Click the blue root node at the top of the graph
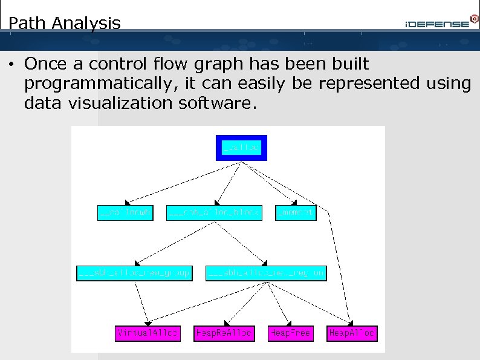[x=241, y=147]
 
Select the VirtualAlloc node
[x=148, y=333]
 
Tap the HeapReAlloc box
[x=224, y=333]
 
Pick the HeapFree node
[x=290, y=333]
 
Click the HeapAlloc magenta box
[x=352, y=333]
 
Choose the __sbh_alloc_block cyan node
[x=214, y=213]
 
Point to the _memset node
[x=296, y=213]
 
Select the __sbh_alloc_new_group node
[x=134, y=273]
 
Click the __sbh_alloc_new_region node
[x=267, y=273]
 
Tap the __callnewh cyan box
[x=125, y=213]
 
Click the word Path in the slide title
[x=28, y=24]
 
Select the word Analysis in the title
[x=86, y=24]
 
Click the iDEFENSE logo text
[x=436, y=24]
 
